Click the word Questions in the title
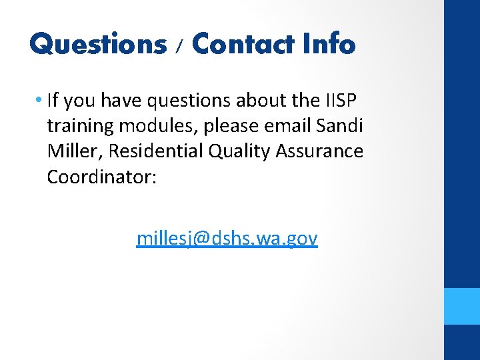point(97,44)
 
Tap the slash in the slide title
point(178,47)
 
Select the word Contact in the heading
point(242,44)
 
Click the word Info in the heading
point(329,44)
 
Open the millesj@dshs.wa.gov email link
point(227,238)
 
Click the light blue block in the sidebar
point(462,306)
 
